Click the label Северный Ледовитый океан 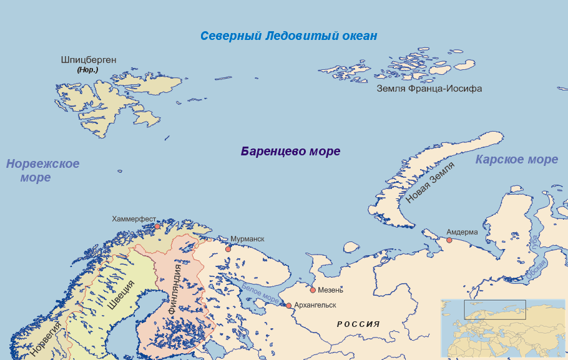(x=288, y=36)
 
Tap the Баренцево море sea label (x=290, y=152)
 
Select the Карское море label (x=516, y=160)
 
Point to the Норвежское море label (x=42, y=170)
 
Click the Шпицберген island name (x=88, y=61)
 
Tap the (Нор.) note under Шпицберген (x=87, y=71)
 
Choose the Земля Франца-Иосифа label (x=429, y=89)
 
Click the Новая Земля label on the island (x=430, y=182)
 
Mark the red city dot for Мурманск (x=228, y=249)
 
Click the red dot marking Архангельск (x=288, y=306)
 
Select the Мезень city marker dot (x=313, y=289)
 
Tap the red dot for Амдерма (x=449, y=240)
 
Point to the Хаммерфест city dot (x=158, y=227)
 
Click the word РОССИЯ (x=358, y=324)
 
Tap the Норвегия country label (x=46, y=339)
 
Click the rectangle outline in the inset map (x=495, y=309)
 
